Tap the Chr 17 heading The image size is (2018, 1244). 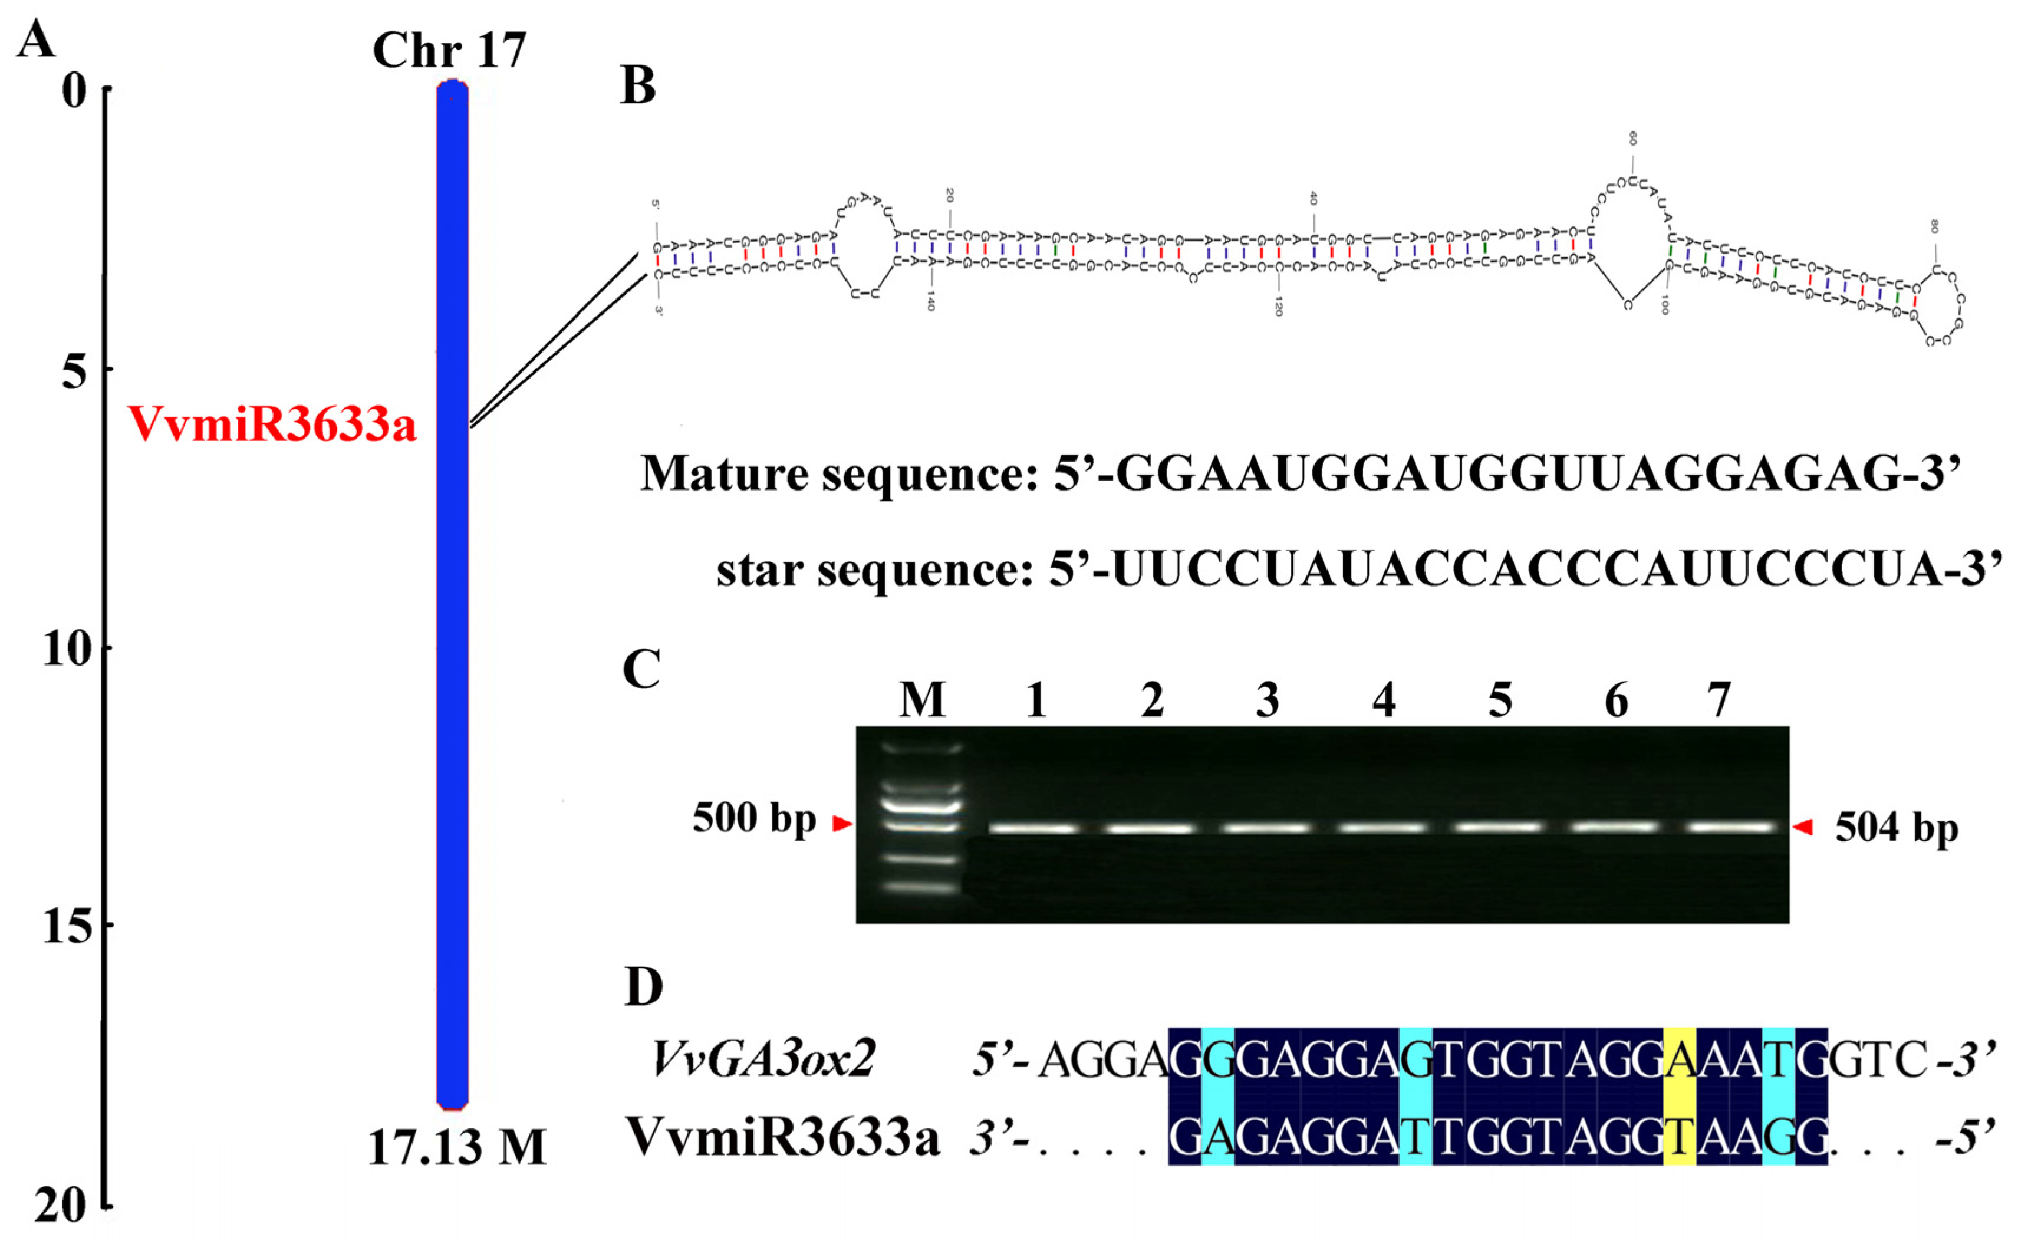pos(449,51)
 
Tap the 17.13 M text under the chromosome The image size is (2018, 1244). pos(456,1147)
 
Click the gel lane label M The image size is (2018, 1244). pos(922,700)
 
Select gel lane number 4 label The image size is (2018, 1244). pos(1384,700)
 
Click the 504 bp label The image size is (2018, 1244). pos(1896,828)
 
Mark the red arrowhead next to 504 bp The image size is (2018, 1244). pos(1802,827)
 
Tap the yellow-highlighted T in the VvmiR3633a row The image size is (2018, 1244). pos(1679,1138)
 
